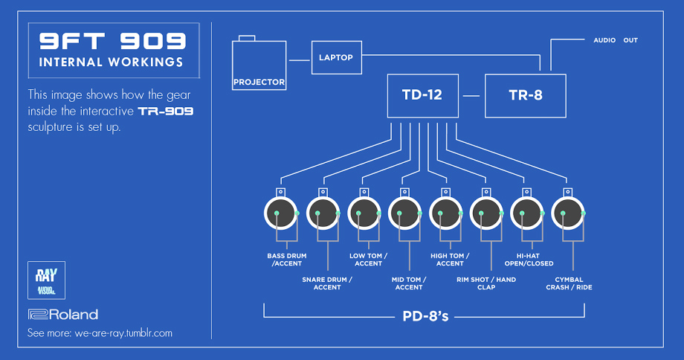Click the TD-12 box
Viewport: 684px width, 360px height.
423,95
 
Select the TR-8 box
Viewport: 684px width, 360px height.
526,95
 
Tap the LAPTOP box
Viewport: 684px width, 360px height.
336,57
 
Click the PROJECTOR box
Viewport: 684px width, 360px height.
259,65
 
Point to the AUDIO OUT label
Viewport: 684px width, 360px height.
615,40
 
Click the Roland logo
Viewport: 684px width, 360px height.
62,314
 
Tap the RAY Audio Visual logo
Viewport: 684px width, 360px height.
46,280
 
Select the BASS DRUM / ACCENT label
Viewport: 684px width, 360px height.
286,260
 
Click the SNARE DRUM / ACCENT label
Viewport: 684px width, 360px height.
327,283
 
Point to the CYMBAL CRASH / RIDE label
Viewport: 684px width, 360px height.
569,283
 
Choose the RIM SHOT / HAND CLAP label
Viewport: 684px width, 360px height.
487,283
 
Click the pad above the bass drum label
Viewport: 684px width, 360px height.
281,215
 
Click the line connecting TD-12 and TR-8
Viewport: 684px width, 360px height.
472,95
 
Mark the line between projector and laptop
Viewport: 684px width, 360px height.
299,59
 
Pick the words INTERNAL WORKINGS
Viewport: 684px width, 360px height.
111,62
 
